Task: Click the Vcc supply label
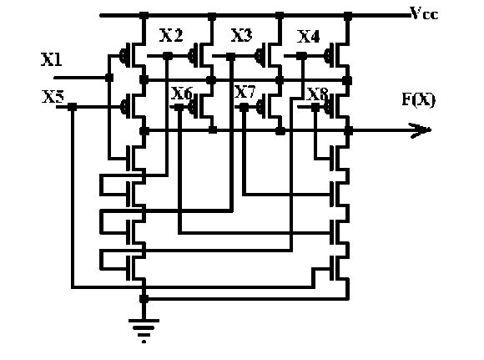[x=424, y=13]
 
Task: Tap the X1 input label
[x=51, y=59]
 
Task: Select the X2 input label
[x=171, y=35]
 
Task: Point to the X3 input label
[x=241, y=35]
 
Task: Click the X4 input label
[x=308, y=37]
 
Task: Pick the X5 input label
[x=53, y=96]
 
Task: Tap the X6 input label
[x=182, y=93]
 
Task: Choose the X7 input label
[x=245, y=92]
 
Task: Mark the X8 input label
[x=317, y=94]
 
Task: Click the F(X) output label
[x=419, y=99]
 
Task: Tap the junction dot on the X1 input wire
[x=109, y=78]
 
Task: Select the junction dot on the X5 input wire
[x=72, y=107]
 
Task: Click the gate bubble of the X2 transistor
[x=191, y=56]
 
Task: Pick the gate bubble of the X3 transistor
[x=259, y=56]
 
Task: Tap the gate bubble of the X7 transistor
[x=260, y=107]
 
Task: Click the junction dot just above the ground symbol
[x=144, y=298]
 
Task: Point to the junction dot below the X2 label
[x=167, y=56]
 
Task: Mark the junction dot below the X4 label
[x=301, y=56]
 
